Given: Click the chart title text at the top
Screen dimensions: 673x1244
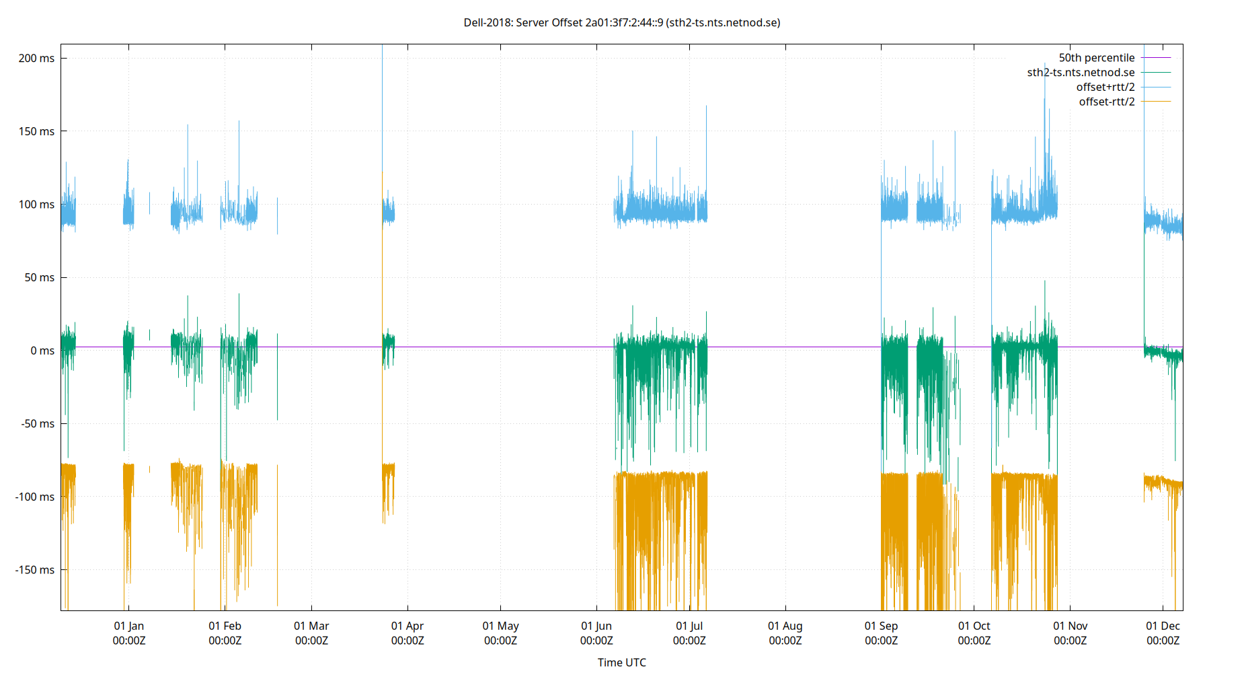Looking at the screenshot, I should (621, 22).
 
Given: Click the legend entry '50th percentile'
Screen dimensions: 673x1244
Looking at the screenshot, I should (1096, 58).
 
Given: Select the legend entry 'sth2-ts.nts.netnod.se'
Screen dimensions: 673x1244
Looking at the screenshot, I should (1080, 73).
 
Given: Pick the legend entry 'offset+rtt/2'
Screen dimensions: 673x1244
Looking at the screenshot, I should (1105, 87).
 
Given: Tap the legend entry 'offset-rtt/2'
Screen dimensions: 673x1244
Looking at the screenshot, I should (1106, 102).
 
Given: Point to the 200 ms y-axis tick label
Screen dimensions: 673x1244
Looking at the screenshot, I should (36, 59).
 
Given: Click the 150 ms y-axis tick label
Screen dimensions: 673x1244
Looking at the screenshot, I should (36, 131).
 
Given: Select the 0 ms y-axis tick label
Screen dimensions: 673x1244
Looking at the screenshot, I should (42, 351).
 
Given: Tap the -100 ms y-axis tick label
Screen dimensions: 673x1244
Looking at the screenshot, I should (34, 497).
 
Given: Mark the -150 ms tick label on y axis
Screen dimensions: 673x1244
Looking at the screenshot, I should (34, 570).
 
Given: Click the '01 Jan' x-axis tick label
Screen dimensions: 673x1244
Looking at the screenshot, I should (128, 633).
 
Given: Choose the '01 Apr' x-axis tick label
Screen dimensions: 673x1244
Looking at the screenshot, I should (407, 633).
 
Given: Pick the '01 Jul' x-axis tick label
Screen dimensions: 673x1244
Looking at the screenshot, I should (689, 633).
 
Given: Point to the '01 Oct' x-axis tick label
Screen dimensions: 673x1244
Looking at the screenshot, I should (974, 633).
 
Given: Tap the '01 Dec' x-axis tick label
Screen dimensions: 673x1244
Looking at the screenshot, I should (1163, 633).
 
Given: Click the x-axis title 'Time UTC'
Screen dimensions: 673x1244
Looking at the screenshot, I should (621, 662).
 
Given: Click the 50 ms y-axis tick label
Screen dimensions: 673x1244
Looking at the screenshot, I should (39, 277).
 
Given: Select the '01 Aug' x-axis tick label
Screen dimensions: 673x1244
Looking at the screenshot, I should (785, 633).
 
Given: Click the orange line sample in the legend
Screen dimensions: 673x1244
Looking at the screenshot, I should (1156, 102).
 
